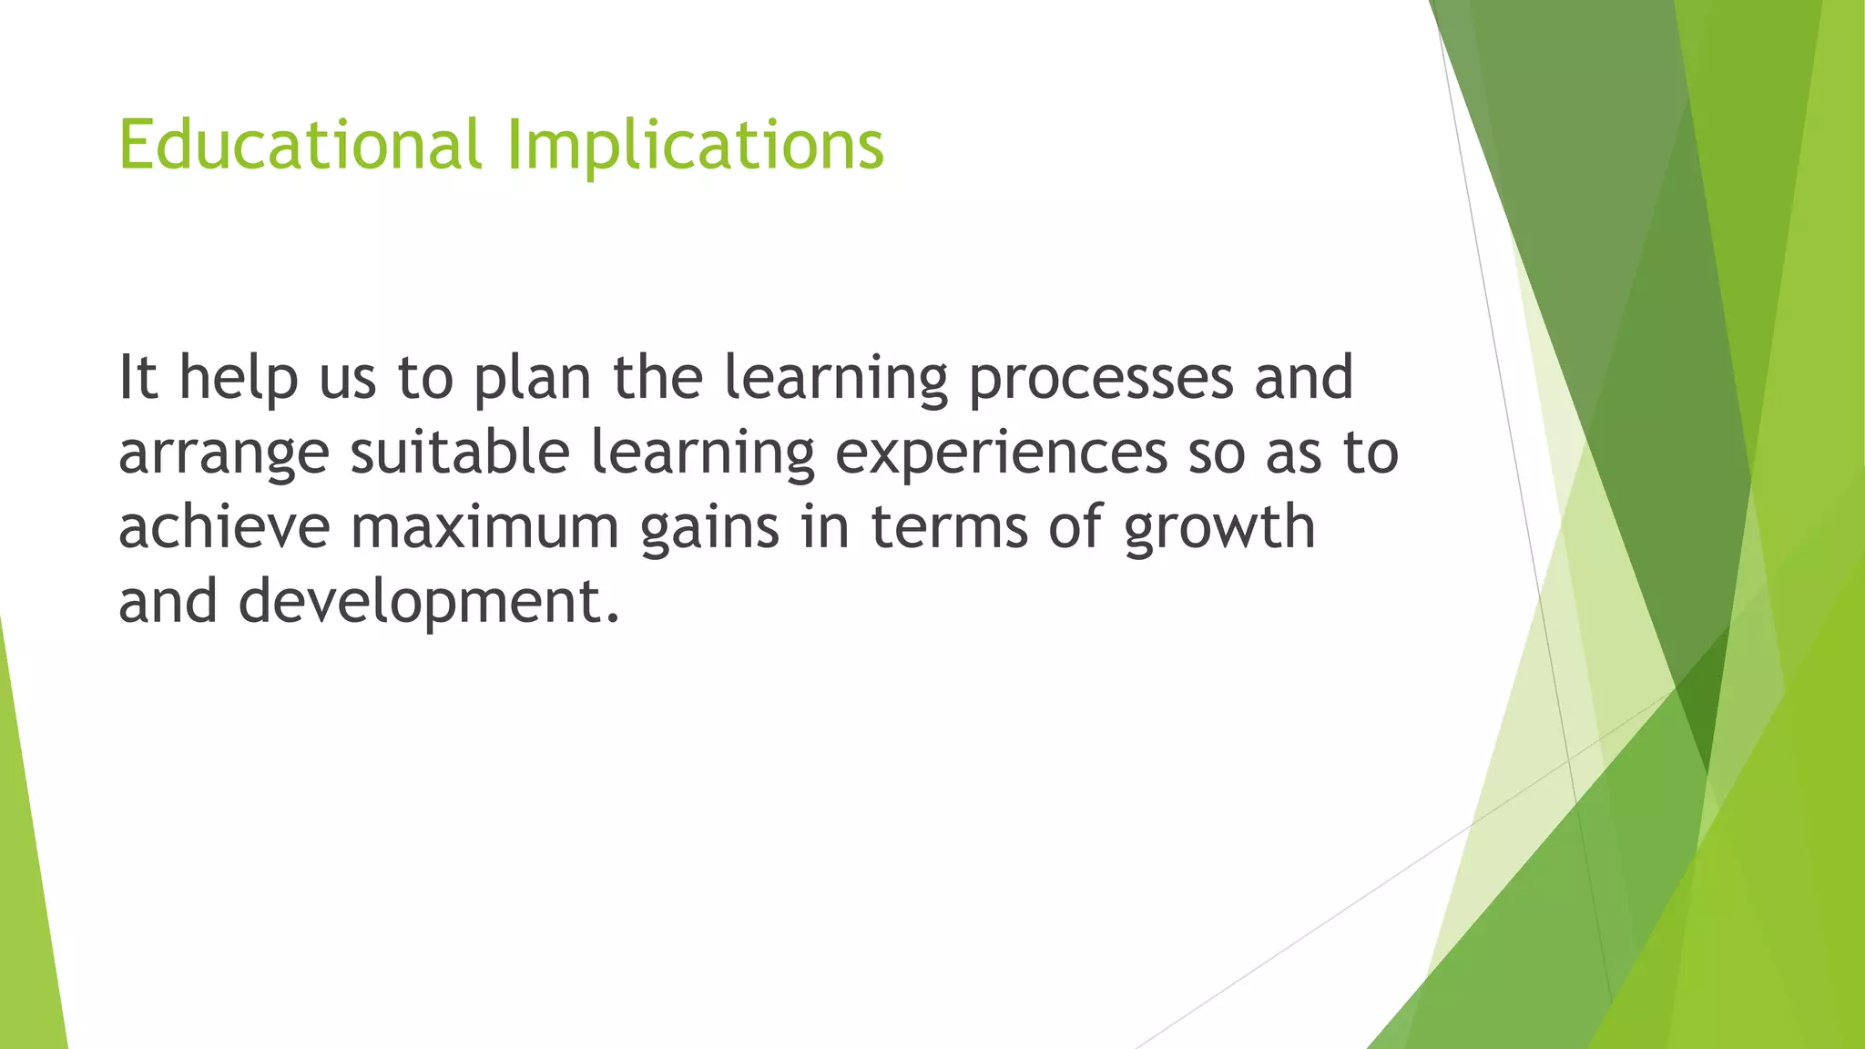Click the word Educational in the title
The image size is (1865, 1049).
click(299, 146)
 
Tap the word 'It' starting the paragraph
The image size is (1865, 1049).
click(138, 377)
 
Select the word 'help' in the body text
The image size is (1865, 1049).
click(238, 379)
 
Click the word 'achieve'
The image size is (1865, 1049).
click(223, 527)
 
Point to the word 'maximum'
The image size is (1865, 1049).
click(484, 527)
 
